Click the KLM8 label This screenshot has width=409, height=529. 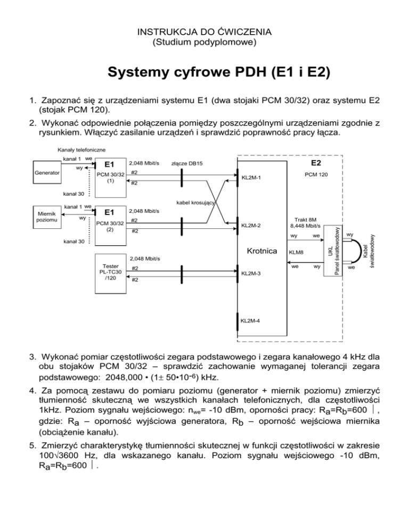[x=296, y=253]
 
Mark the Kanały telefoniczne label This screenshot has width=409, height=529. [x=78, y=151]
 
